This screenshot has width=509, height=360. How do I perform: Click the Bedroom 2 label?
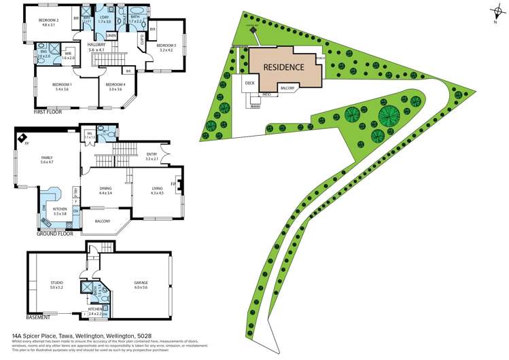click(x=48, y=20)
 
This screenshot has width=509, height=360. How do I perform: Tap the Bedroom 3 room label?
click(x=166, y=46)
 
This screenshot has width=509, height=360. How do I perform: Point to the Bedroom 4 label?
click(x=114, y=84)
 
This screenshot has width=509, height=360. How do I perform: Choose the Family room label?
click(x=46, y=158)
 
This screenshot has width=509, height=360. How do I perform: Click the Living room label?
click(x=157, y=190)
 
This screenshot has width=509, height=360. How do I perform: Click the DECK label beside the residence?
click(x=249, y=84)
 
